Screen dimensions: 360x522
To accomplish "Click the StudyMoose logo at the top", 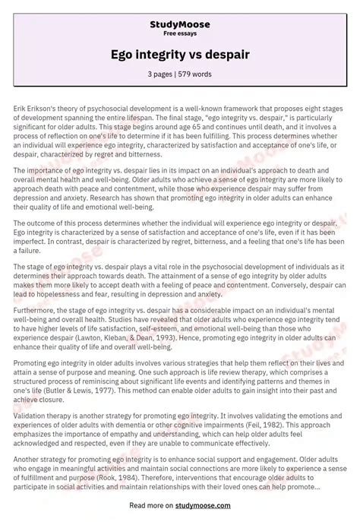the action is click(x=180, y=24).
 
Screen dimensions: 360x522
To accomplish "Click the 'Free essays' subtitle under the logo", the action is click(x=180, y=34).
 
